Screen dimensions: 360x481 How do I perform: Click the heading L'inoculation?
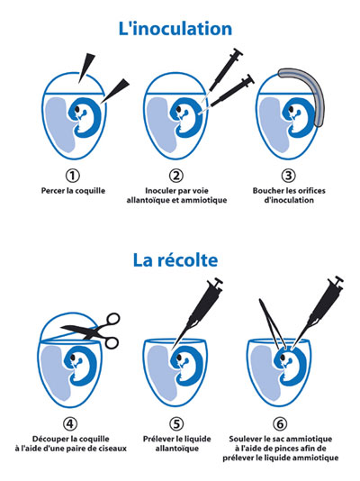point(175,29)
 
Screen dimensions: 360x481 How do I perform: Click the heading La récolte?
point(175,259)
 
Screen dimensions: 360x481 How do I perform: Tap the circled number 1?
point(73,176)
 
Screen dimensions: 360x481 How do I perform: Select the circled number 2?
point(176,176)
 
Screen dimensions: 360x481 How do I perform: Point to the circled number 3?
point(288,176)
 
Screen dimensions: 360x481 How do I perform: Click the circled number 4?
point(70,423)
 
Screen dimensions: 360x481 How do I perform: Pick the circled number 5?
point(176,423)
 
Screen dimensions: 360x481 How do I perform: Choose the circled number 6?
point(280,423)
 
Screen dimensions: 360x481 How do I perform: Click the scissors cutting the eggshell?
point(92,331)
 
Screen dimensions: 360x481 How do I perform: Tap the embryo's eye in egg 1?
point(77,109)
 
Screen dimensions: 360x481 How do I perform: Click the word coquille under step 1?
point(90,191)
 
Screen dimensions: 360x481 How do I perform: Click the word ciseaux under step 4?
point(112,449)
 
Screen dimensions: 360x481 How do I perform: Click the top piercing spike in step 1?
point(85,68)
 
